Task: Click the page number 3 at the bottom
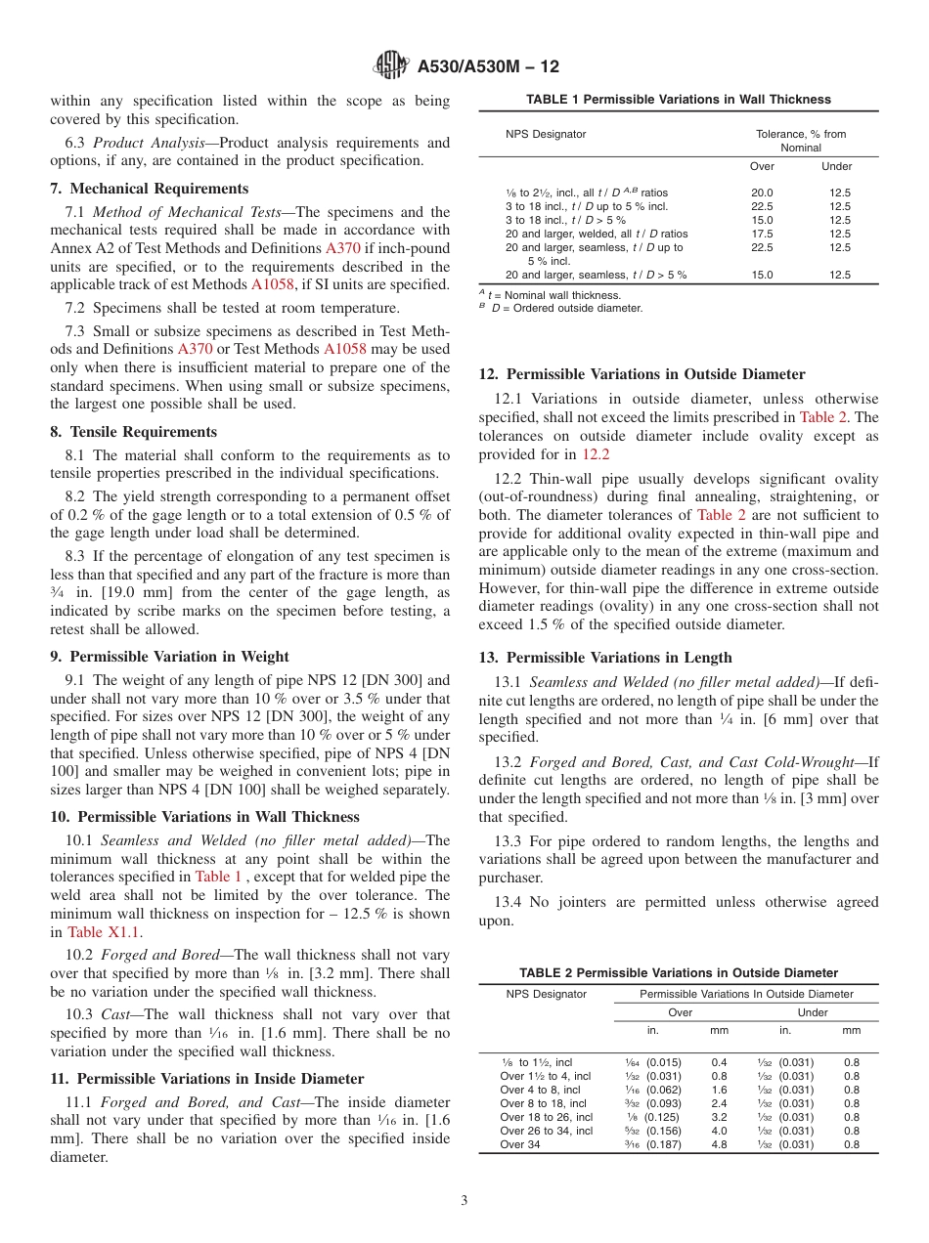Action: pos(464,1201)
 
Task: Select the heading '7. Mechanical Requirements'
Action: pos(149,189)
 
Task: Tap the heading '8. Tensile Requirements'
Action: pos(133,432)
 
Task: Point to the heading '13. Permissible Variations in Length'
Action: pos(604,658)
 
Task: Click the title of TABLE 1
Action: pos(678,100)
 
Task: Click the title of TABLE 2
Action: pos(678,973)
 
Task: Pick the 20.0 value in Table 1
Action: pos(761,193)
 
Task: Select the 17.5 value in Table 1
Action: pos(761,235)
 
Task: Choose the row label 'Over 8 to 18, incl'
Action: pos(543,1104)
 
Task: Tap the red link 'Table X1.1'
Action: pos(97,932)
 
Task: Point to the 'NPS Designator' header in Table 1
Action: pos(546,134)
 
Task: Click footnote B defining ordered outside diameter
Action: pos(561,309)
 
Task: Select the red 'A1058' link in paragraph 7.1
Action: pos(272,285)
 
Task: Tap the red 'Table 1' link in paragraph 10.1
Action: pos(218,878)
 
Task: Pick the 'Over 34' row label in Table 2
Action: pos(519,1145)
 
